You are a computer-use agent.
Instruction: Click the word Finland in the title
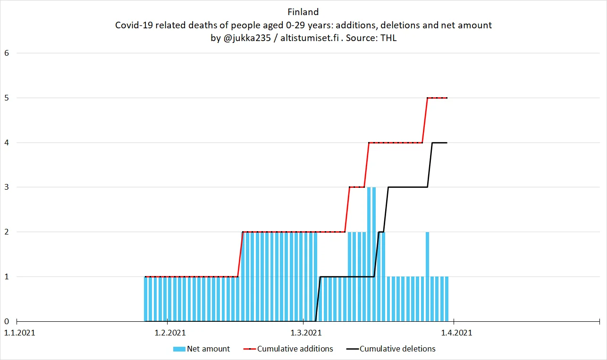(303, 12)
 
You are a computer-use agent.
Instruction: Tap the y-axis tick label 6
(7, 53)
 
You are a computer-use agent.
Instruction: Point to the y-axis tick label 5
(7, 98)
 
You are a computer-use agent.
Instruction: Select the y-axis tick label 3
(7, 187)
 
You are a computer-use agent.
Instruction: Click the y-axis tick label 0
(7, 321)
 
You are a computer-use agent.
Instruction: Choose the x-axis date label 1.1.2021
(19, 333)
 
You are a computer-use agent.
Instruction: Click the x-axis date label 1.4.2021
(456, 333)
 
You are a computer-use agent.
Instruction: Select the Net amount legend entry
(208, 349)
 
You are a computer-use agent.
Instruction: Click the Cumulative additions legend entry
(295, 349)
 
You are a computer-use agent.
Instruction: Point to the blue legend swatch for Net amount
(179, 349)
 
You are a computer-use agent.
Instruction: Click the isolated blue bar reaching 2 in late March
(427, 255)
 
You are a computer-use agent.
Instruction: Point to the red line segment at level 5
(437, 98)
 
